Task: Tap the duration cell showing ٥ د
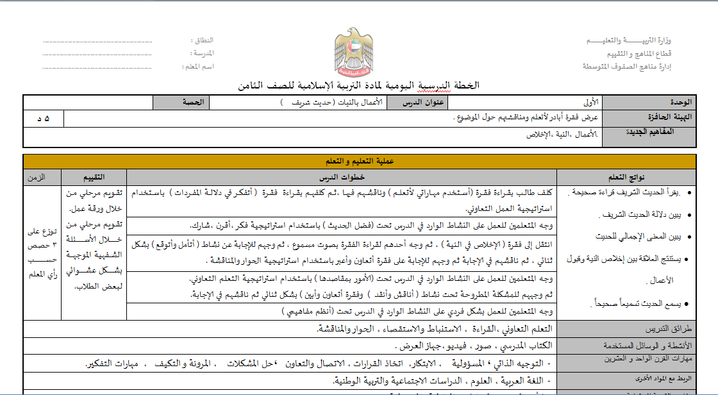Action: click(44, 119)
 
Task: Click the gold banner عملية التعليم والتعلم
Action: click(359, 162)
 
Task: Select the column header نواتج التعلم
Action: click(626, 178)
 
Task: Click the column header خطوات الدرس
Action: click(341, 178)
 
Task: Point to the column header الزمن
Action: click(42, 178)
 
